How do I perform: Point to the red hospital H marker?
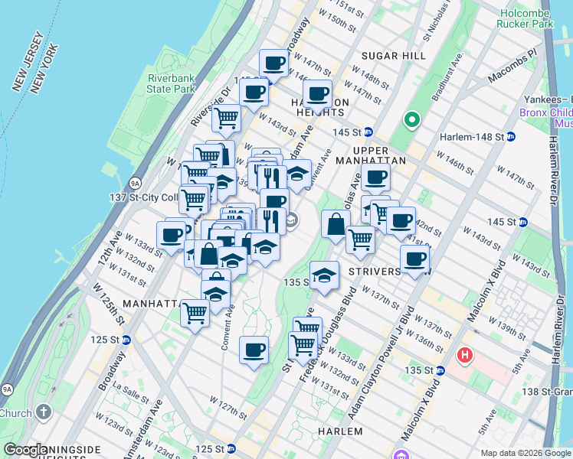[465, 356]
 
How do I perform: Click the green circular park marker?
[412, 119]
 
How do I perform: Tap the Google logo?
[25, 450]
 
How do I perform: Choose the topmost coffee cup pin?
[273, 62]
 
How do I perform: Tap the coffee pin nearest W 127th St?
[254, 350]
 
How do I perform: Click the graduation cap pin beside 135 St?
[325, 275]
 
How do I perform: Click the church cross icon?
[43, 412]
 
